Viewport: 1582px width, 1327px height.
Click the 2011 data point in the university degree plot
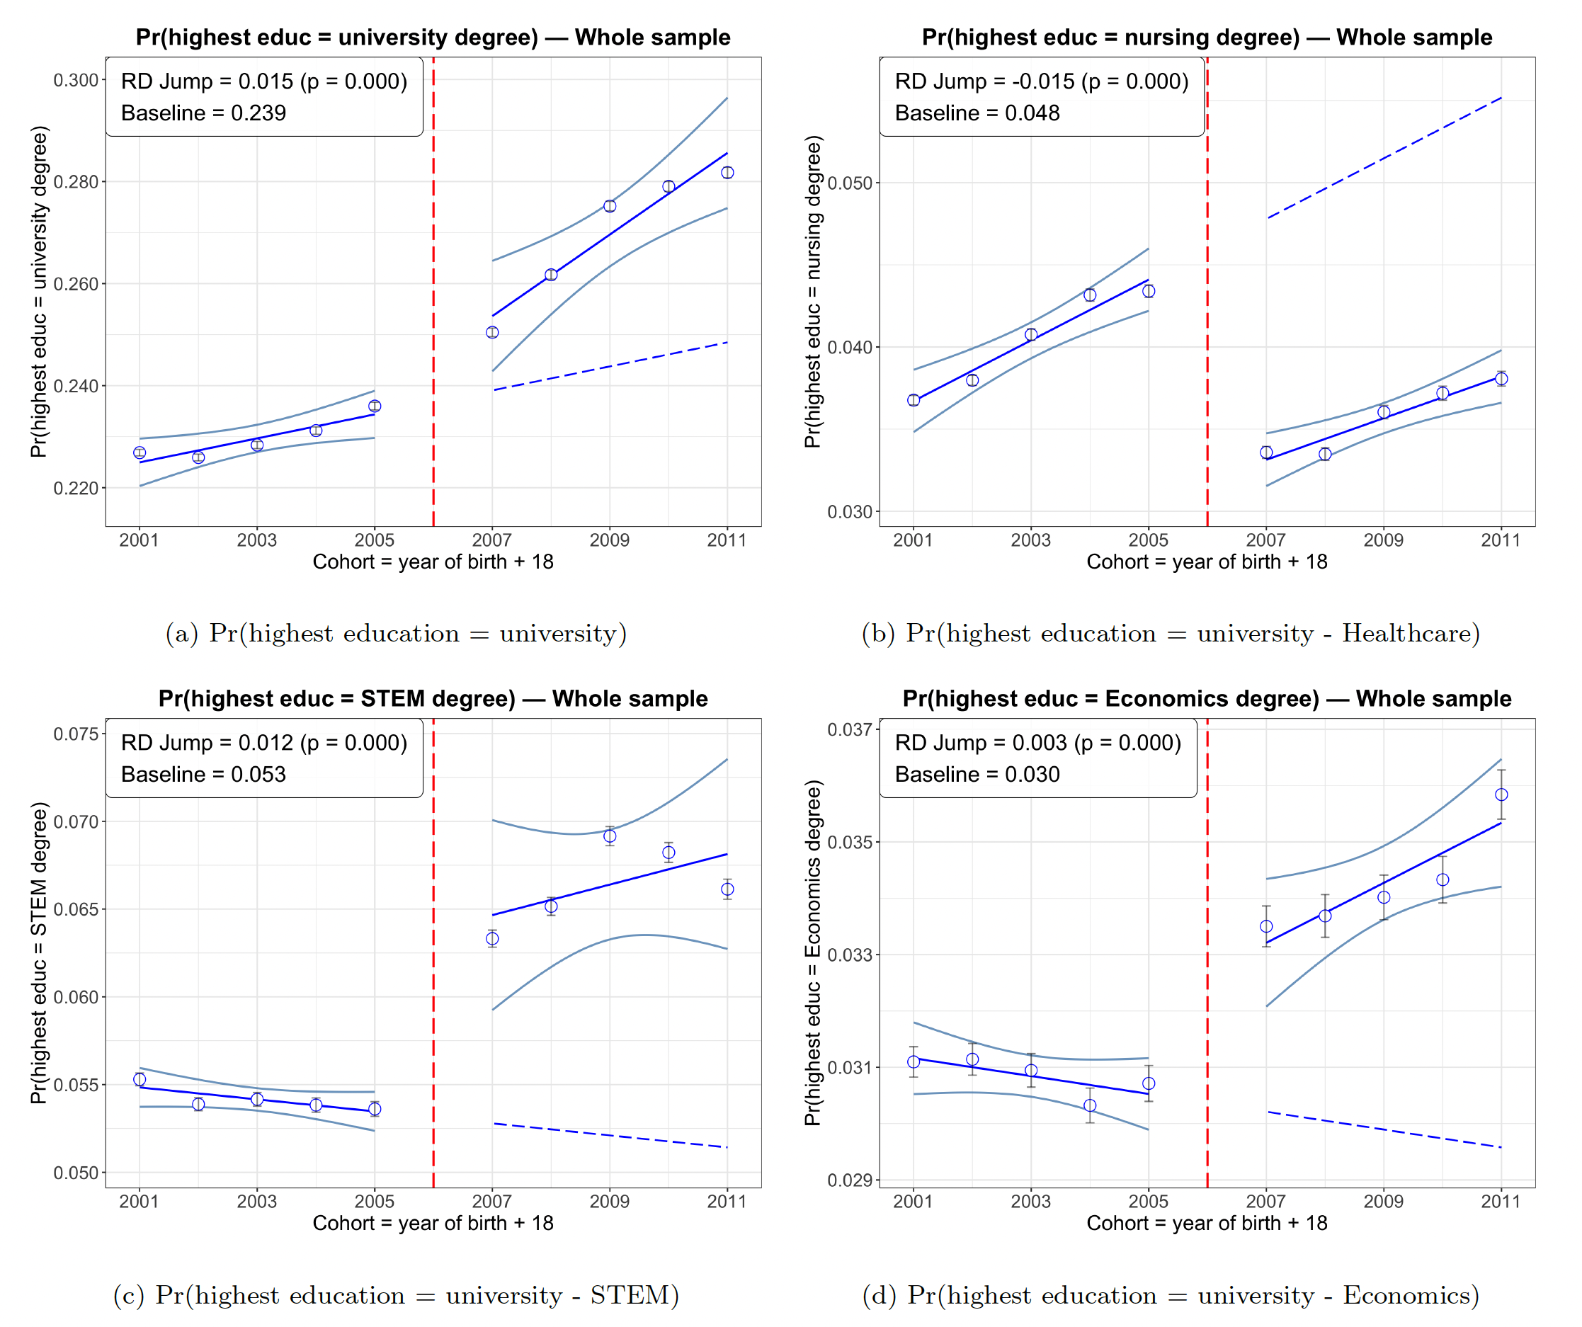tap(727, 173)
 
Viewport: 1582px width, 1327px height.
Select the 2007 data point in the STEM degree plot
tap(492, 938)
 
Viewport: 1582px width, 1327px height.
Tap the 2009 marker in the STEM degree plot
tap(610, 836)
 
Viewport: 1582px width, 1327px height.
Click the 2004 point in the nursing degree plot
tap(1089, 295)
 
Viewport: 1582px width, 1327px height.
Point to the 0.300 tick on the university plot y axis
tap(76, 80)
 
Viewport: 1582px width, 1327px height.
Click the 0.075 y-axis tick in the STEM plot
tap(76, 734)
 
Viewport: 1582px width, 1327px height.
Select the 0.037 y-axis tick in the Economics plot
tap(850, 729)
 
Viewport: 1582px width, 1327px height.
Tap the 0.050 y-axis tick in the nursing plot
tap(850, 183)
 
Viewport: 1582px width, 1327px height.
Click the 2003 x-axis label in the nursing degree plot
tap(1030, 540)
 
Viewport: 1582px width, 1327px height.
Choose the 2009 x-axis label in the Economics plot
tap(1383, 1201)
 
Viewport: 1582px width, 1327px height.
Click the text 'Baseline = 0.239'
tap(203, 113)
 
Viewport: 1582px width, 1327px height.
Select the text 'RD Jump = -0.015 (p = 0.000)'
tap(1041, 81)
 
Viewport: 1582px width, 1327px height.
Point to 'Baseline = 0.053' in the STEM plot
tap(203, 774)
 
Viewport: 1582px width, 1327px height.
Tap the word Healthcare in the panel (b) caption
tap(1410, 633)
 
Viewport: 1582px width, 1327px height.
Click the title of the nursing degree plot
tap(1207, 37)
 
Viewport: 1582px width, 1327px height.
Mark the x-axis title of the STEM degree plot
tap(433, 1223)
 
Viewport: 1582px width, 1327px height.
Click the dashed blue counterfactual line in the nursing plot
tap(1383, 158)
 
